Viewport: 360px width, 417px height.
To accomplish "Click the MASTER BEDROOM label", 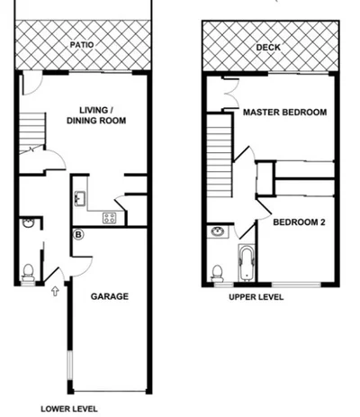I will [x=284, y=113].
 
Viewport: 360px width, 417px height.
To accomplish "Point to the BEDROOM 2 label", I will [x=299, y=222].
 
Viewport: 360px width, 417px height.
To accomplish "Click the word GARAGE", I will [x=110, y=295].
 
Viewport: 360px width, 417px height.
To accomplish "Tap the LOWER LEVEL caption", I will [x=69, y=408].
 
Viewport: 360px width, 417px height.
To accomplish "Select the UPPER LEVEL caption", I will [x=256, y=296].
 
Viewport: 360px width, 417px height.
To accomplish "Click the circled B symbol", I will [x=78, y=236].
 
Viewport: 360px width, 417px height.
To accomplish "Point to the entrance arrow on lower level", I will [x=56, y=290].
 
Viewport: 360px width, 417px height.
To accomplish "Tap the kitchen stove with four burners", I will [x=110, y=217].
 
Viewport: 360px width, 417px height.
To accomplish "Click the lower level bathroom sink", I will [x=28, y=222].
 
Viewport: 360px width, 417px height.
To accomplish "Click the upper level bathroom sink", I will [x=218, y=232].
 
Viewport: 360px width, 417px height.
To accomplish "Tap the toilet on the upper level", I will [x=217, y=271].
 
